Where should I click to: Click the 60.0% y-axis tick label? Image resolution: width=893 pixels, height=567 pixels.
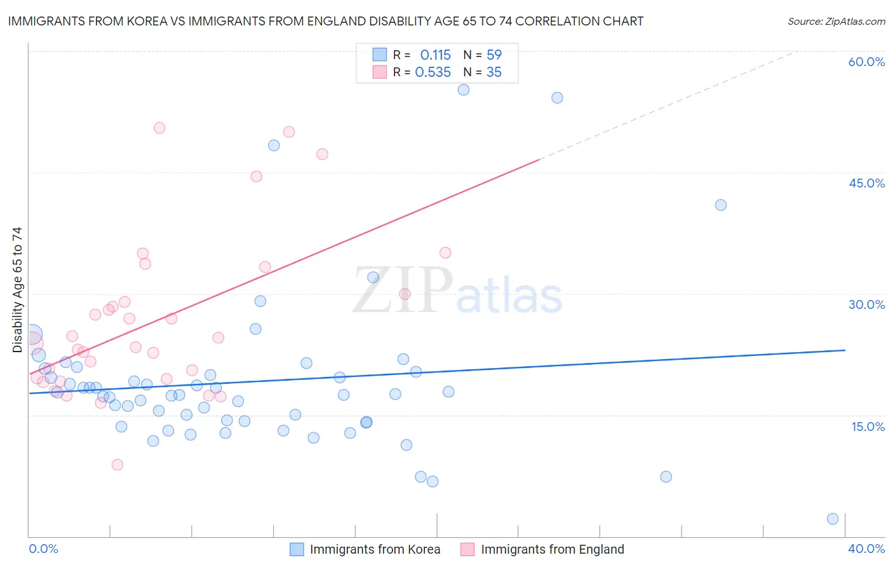[x=866, y=62]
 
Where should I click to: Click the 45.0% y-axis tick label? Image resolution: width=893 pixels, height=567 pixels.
[x=866, y=183]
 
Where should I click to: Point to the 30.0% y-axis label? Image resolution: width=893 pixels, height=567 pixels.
[x=866, y=304]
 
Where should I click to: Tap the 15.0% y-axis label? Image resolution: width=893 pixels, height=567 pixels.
[x=868, y=427]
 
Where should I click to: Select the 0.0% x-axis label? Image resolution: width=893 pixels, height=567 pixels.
[x=43, y=549]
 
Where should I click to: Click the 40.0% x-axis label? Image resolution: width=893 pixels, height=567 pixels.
[x=866, y=549]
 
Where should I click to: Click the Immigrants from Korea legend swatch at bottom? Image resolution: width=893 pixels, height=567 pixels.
[x=297, y=549]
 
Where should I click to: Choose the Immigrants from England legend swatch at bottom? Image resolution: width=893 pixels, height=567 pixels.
[x=467, y=549]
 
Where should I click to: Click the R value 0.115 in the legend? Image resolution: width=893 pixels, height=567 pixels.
[x=435, y=55]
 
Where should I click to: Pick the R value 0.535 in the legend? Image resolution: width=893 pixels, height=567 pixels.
[x=433, y=72]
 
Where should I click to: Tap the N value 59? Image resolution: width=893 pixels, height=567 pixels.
[x=494, y=55]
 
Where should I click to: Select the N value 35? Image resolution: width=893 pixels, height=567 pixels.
[x=494, y=72]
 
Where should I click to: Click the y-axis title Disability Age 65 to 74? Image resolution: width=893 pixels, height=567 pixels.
[x=17, y=289]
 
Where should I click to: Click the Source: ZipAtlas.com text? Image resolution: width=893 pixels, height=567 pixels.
[x=836, y=22]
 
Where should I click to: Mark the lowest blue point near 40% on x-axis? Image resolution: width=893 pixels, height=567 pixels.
[x=833, y=519]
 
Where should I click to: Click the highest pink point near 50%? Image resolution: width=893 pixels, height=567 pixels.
[x=159, y=128]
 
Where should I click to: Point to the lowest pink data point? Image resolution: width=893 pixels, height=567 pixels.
[x=117, y=465]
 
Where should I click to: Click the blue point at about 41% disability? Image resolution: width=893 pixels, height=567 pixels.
[x=720, y=205]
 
